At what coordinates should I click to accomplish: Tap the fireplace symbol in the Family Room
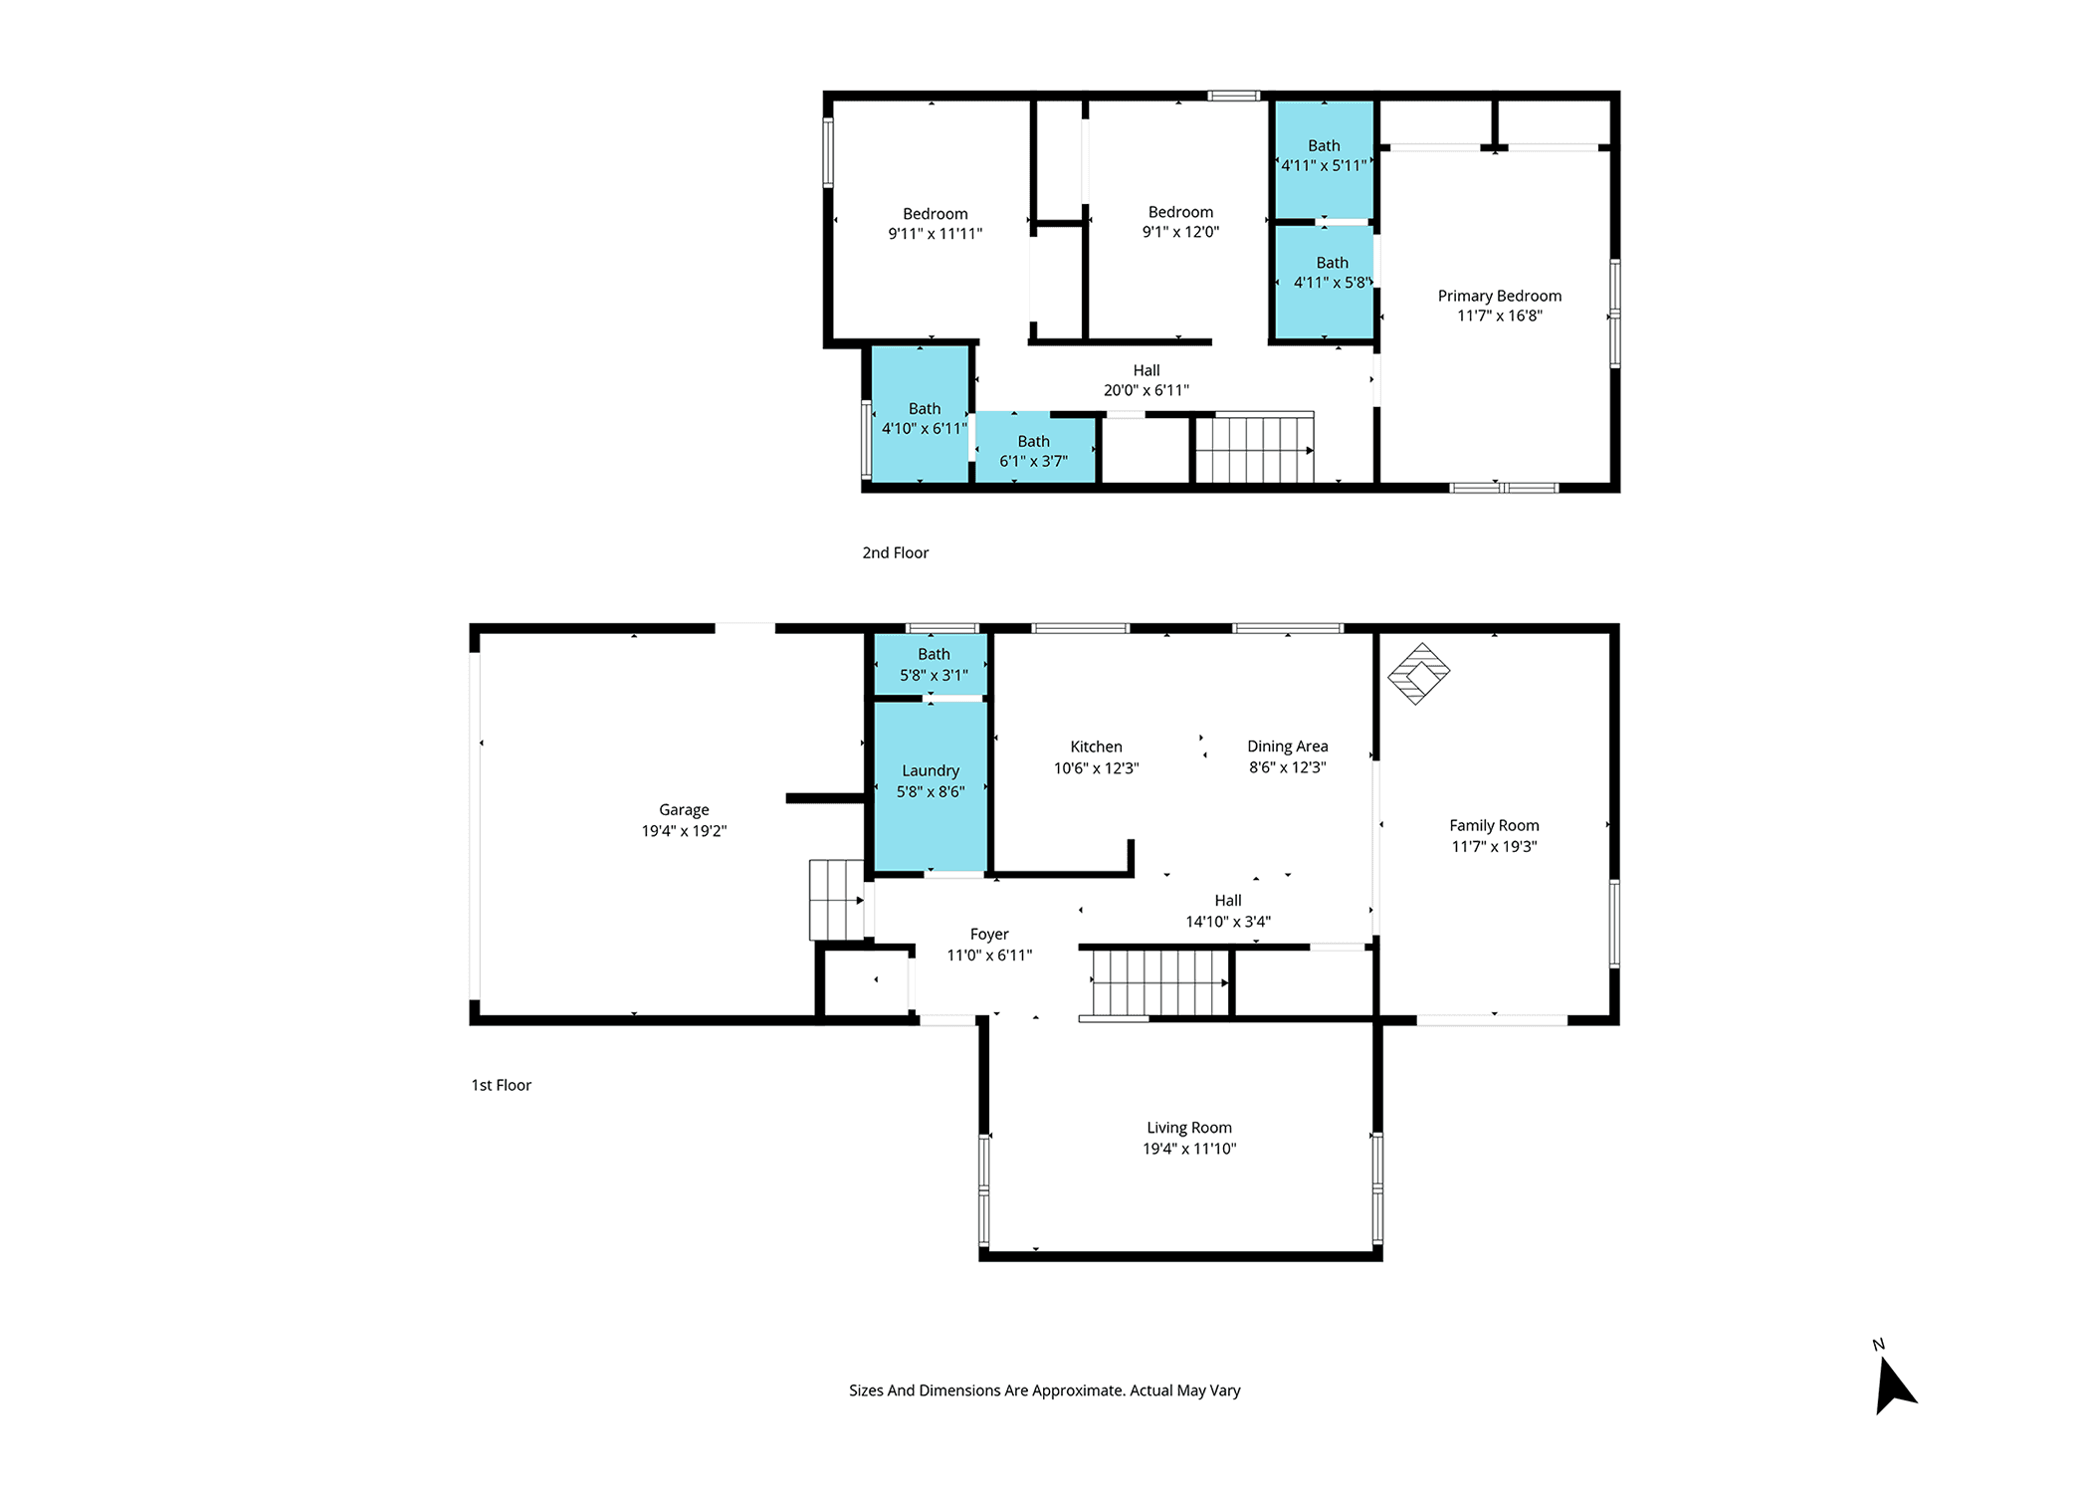tap(1418, 674)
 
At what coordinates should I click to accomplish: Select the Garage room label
tap(684, 810)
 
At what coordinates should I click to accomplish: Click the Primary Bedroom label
tap(1499, 296)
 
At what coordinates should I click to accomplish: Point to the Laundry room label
tap(931, 770)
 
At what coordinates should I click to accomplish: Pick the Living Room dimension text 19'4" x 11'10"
tap(1189, 1149)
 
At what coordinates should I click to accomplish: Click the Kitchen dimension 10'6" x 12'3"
tap(1096, 767)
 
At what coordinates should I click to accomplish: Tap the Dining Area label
tap(1287, 746)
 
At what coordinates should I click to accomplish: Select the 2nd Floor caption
tap(895, 552)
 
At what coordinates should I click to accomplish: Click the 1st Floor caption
tap(501, 1085)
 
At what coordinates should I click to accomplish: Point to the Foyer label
tap(989, 934)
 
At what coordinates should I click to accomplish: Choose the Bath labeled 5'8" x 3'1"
tap(934, 664)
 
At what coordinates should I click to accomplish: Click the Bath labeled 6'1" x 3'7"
tap(1033, 451)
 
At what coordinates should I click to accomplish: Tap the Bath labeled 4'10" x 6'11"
tap(924, 418)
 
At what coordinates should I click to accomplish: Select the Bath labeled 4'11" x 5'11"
tap(1324, 155)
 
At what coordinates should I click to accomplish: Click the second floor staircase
tap(1254, 448)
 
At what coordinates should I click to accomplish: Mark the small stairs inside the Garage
tap(836, 900)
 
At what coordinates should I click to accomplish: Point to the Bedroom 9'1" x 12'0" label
tap(1180, 221)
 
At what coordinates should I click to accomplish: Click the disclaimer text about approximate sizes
tap(1044, 1390)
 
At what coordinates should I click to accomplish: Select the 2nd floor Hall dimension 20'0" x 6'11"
tap(1146, 390)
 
